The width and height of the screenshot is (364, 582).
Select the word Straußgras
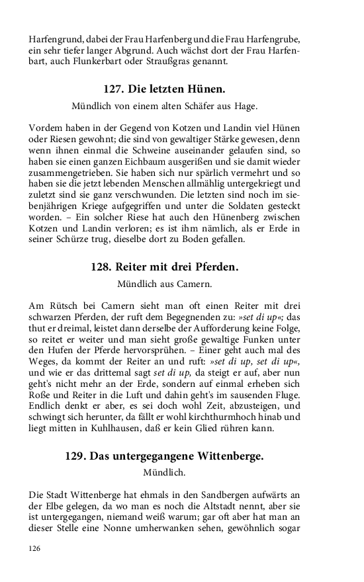tap(173, 62)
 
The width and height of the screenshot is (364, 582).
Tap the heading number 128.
tap(101, 268)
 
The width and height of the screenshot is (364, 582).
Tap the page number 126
tap(36, 548)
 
